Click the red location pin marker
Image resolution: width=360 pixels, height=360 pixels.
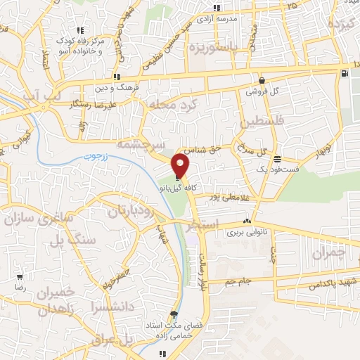(x=181, y=165)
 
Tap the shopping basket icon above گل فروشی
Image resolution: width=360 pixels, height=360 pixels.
(x=262, y=80)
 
